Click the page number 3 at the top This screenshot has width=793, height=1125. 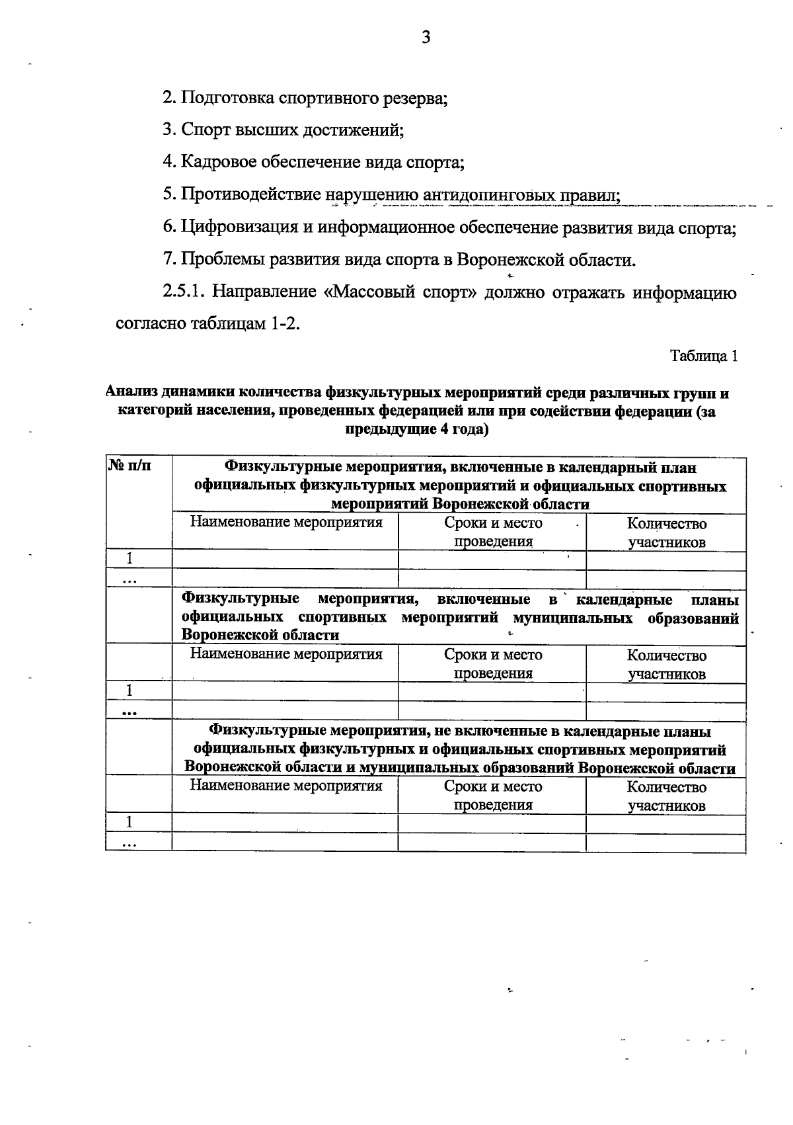click(426, 38)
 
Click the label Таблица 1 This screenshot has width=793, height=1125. click(703, 356)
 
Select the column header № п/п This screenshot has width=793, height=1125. click(130, 467)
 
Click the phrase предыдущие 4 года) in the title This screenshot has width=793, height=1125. click(417, 430)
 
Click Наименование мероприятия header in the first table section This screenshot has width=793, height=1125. click(286, 522)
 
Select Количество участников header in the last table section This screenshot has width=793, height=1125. click(666, 796)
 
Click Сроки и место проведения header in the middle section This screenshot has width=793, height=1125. click(493, 664)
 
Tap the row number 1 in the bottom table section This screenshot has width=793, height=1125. click(130, 822)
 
